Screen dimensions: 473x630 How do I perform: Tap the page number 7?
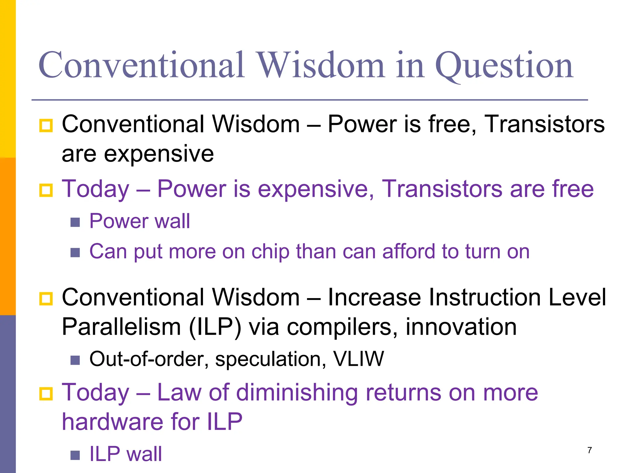click(x=589, y=450)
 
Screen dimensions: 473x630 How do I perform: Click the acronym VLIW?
click(x=358, y=359)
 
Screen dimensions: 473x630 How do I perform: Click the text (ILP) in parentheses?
click(x=215, y=327)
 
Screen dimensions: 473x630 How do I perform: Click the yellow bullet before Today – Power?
click(x=46, y=190)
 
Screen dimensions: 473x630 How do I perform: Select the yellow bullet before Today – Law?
click(x=46, y=394)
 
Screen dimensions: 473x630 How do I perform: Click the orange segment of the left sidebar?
click(x=8, y=236)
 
